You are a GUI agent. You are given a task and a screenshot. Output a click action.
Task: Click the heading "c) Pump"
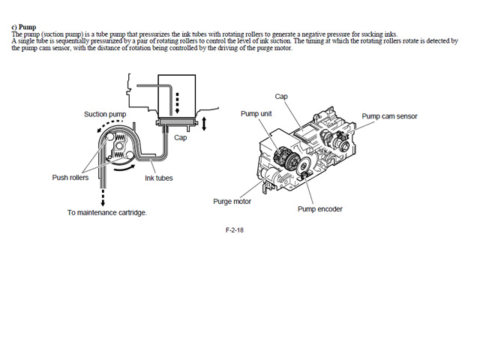23,27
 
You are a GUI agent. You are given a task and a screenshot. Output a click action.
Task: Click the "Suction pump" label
105,114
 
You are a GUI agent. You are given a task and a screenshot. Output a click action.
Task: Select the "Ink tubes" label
159,178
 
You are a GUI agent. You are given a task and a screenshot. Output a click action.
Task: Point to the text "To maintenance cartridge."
106,212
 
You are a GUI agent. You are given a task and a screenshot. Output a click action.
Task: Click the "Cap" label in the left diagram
180,138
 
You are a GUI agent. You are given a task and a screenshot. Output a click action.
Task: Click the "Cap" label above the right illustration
281,97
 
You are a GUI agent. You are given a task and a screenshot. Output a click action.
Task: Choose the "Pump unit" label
256,113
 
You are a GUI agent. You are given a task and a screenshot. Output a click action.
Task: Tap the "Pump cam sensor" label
389,116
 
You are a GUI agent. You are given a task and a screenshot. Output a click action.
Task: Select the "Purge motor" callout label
232,202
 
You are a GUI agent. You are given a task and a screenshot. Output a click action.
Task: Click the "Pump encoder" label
319,208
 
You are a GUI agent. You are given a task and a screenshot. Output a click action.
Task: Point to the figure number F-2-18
234,230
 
